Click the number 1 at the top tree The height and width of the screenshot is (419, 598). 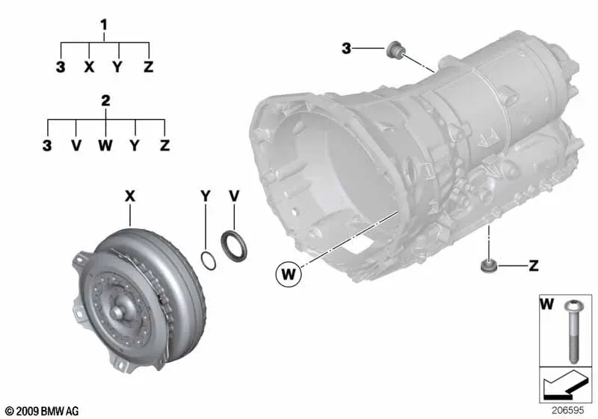tap(104, 25)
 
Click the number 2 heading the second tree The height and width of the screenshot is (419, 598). tap(105, 101)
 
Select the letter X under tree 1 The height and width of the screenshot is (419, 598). tap(89, 67)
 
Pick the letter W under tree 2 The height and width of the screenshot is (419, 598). tap(105, 145)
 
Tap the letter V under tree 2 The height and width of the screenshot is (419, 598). tap(76, 145)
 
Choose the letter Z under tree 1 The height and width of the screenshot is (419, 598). tap(148, 67)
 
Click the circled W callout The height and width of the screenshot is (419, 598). tap(289, 274)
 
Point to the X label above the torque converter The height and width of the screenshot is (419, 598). tap(130, 196)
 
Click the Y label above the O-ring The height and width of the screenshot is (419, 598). tap(206, 196)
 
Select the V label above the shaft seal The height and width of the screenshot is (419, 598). tap(234, 196)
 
